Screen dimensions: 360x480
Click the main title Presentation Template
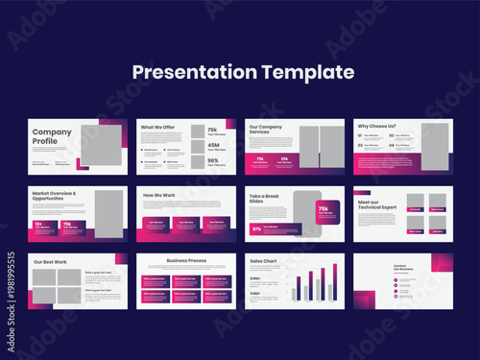pos(243,72)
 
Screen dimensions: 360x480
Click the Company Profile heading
pos(52,136)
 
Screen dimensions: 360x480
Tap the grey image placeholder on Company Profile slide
pos(100,145)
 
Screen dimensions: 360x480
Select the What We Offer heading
pos(159,127)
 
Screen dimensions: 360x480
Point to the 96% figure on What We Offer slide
pos(211,161)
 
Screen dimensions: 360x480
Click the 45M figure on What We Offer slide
pos(211,145)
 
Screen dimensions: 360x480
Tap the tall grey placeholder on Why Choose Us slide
pos(420,145)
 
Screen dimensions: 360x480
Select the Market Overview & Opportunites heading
pos(61,197)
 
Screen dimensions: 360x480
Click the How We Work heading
pos(160,195)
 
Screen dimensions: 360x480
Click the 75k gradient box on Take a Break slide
pos(323,209)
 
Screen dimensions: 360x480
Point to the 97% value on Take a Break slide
pos(257,229)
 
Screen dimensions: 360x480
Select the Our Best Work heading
pos(50,261)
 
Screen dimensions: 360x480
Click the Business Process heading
pos(185,259)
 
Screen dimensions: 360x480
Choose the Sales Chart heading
pos(265,260)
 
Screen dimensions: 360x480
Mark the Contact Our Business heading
pos(402,267)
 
